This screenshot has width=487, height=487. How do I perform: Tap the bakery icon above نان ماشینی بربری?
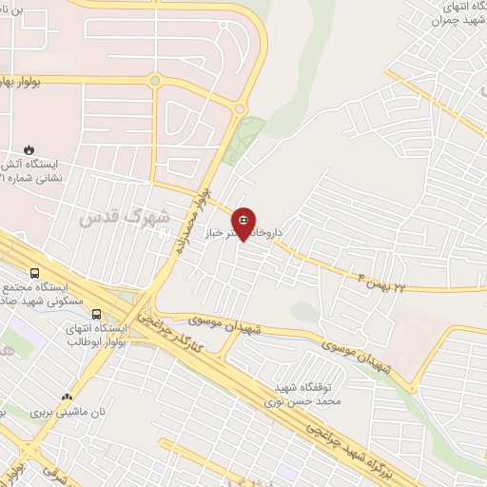tap(67, 397)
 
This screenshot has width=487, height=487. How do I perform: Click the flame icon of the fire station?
tap(29, 149)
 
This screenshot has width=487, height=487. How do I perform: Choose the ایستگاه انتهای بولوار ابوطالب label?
tap(96, 336)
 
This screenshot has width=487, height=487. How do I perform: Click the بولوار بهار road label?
tap(34, 80)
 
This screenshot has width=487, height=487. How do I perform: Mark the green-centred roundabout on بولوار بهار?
tap(155, 81)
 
